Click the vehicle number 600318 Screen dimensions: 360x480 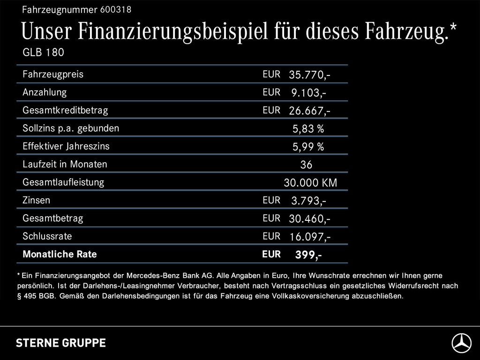point(115,9)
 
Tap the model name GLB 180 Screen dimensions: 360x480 point(43,52)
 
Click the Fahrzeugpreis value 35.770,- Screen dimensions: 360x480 point(310,75)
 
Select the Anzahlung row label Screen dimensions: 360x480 point(45,92)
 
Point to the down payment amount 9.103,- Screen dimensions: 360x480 point(308,93)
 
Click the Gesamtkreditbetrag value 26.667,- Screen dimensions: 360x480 point(310,111)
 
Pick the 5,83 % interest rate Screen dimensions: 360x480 point(308,128)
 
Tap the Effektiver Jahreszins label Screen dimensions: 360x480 point(66,146)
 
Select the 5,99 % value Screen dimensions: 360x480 point(308,147)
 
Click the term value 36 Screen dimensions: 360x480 point(306,165)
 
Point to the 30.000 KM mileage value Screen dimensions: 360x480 point(310,183)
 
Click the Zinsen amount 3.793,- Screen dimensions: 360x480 point(308,201)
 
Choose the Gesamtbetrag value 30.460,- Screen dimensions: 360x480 point(310,219)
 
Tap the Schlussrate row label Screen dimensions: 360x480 point(47,236)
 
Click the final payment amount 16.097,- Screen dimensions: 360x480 point(310,237)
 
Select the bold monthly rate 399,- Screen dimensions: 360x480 point(308,255)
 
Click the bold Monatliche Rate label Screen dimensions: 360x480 point(60,255)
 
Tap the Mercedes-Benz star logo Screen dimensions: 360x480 point(461,343)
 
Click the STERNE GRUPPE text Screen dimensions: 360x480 point(61,343)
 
